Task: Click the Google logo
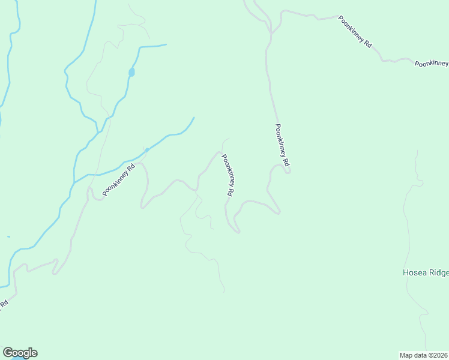pyautogui.click(x=20, y=353)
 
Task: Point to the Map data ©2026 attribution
pyautogui.click(x=424, y=355)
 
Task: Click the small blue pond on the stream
pyautogui.click(x=131, y=73)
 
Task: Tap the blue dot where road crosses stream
pyautogui.click(x=147, y=150)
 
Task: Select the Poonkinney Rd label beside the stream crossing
pyautogui.click(x=118, y=179)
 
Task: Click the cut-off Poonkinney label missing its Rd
pyautogui.click(x=432, y=63)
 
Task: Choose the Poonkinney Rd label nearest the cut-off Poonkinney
pyautogui.click(x=355, y=32)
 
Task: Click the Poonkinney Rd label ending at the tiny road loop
pyautogui.click(x=282, y=145)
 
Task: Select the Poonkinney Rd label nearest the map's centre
pyautogui.click(x=228, y=176)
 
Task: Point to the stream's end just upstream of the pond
pyautogui.click(x=166, y=44)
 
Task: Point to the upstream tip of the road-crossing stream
pyautogui.click(x=194, y=118)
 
